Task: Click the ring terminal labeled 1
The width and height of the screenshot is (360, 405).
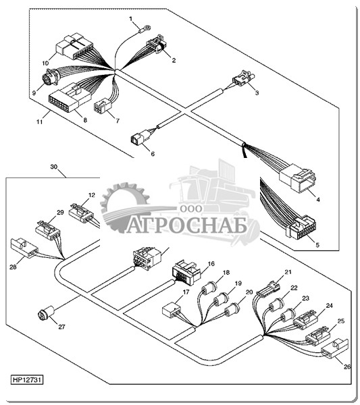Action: (145, 28)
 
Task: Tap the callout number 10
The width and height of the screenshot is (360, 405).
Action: (45, 63)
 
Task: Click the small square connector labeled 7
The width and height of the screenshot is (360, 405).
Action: (101, 107)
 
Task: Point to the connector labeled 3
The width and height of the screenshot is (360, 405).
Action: (243, 78)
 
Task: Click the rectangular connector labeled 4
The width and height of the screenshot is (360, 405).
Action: (297, 178)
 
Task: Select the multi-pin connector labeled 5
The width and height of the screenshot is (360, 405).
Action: (301, 227)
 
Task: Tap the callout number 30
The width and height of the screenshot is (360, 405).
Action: (54, 167)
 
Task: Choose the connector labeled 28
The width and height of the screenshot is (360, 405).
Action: (24, 248)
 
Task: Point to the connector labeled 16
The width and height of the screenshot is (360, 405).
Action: (186, 272)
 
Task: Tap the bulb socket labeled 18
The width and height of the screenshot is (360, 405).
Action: (208, 289)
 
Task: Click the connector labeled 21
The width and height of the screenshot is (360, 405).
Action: (267, 288)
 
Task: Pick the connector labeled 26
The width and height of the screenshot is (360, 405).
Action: (335, 349)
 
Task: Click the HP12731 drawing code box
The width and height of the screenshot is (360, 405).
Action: (27, 379)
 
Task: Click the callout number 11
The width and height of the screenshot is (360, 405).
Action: (39, 122)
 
